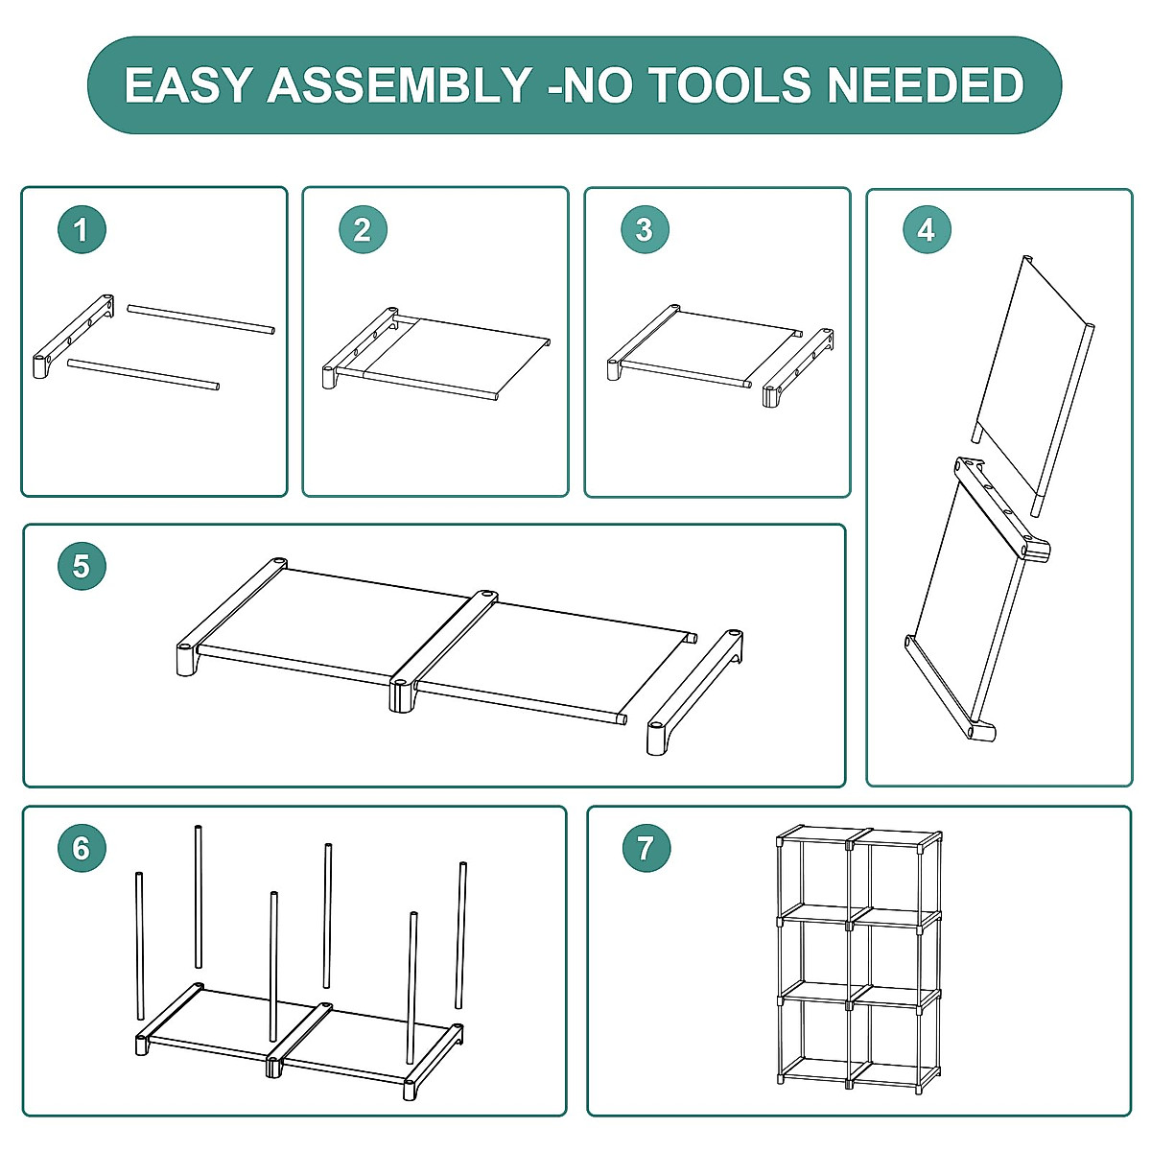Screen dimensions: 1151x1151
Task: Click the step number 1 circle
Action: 82,229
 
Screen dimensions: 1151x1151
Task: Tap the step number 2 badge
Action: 364,229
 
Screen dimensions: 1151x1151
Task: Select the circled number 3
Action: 646,229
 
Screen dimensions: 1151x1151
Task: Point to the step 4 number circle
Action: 927,229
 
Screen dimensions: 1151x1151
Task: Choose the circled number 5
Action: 82,566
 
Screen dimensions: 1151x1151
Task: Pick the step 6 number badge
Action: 82,848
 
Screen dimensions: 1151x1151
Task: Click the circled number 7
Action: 646,848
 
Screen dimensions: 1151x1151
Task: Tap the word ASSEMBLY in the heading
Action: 400,84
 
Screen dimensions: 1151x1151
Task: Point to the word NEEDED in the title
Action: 926,84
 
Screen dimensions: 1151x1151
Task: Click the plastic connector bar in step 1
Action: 73,337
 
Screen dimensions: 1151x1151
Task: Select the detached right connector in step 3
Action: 798,368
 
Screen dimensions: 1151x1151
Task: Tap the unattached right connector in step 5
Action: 695,693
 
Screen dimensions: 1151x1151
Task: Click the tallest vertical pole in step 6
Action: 198,896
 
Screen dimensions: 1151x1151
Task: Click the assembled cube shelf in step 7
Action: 858,960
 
